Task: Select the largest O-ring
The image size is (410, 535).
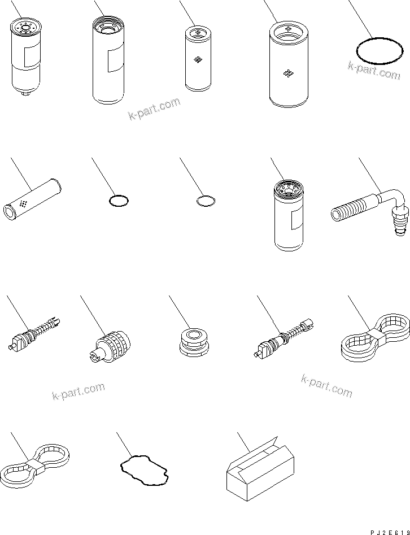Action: (x=378, y=50)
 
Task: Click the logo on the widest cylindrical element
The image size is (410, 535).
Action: (x=288, y=73)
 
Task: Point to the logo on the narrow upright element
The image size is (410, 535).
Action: (x=197, y=60)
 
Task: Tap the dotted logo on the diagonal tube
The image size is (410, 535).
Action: (x=24, y=204)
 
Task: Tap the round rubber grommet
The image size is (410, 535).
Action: (x=193, y=342)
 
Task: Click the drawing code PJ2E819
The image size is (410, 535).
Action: (x=390, y=532)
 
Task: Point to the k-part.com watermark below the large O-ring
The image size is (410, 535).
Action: (x=374, y=71)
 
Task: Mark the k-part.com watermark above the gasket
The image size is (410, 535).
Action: (x=78, y=391)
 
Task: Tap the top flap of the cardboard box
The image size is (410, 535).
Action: (x=259, y=449)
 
